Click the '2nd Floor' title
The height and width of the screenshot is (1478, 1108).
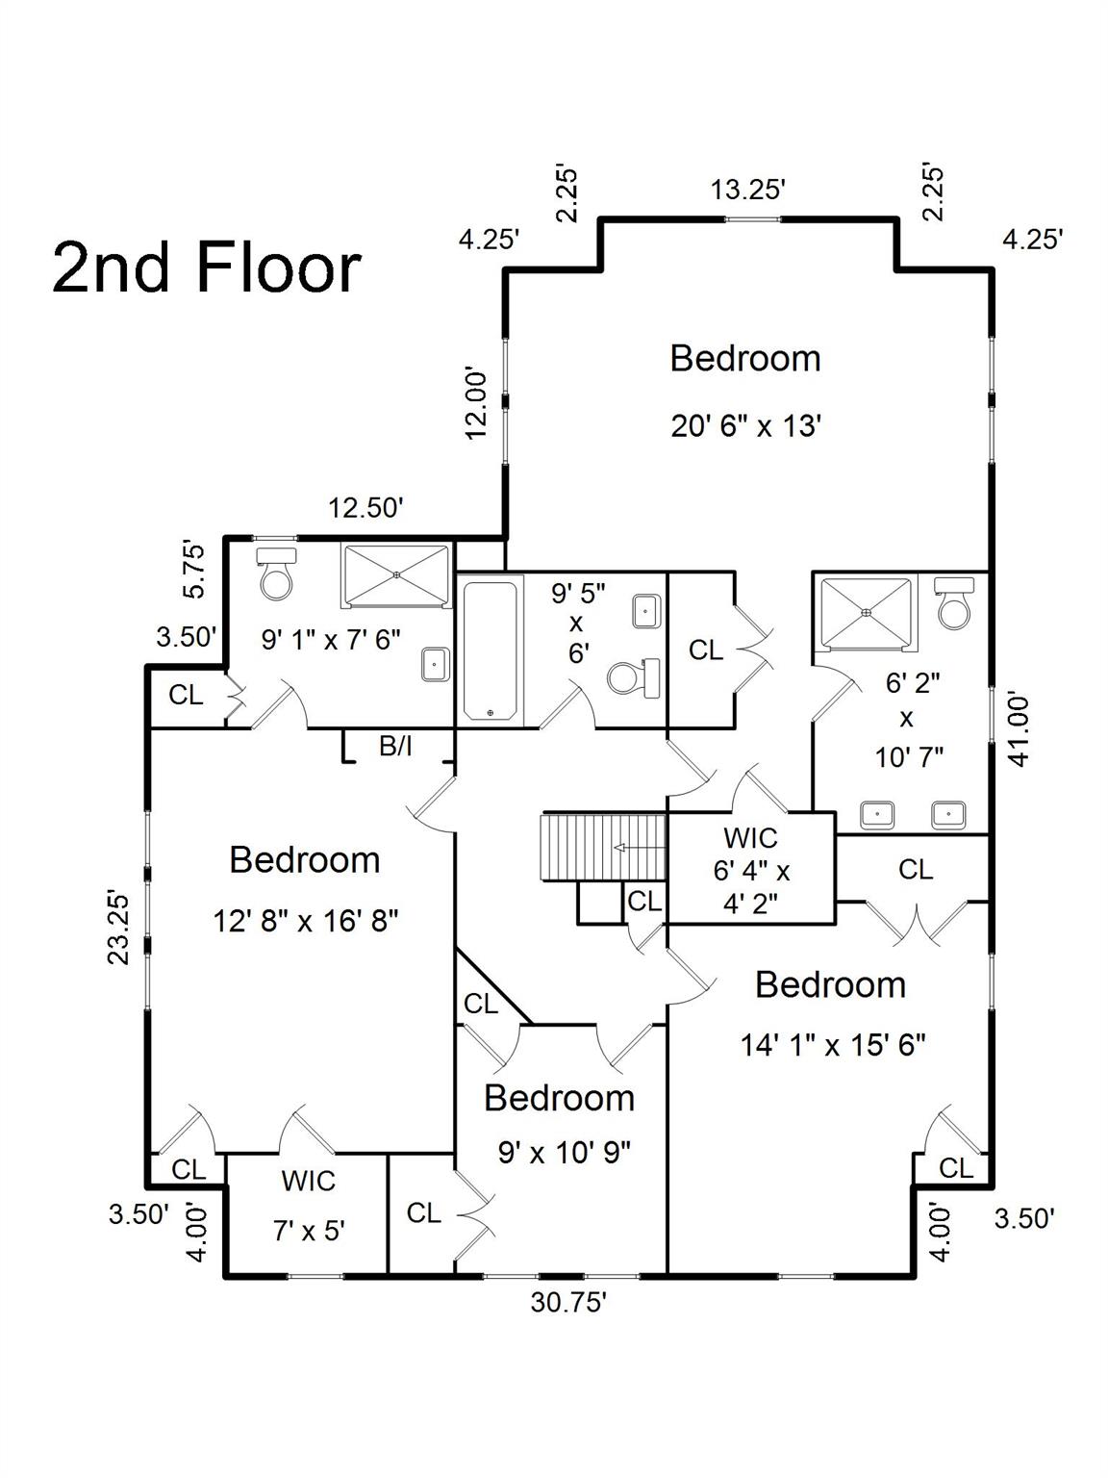click(x=207, y=268)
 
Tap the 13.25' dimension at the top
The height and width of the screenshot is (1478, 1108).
click(x=748, y=191)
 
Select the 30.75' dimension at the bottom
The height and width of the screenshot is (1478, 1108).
click(x=568, y=1303)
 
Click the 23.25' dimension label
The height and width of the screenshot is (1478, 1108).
click(x=119, y=929)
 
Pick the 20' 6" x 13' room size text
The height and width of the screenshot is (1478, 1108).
click(x=746, y=426)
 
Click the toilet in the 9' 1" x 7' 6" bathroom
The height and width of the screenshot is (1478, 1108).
click(x=276, y=573)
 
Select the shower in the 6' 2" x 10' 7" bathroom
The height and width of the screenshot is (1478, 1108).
click(x=867, y=613)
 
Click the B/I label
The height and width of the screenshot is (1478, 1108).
click(x=395, y=746)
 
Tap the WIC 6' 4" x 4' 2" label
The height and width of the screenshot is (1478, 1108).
click(x=751, y=871)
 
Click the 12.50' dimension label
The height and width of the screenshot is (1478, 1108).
click(x=365, y=508)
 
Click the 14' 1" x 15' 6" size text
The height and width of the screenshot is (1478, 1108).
click(x=833, y=1046)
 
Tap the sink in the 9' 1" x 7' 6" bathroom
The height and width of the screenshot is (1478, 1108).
click(x=436, y=665)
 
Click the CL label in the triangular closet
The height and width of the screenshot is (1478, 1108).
click(x=480, y=1004)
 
